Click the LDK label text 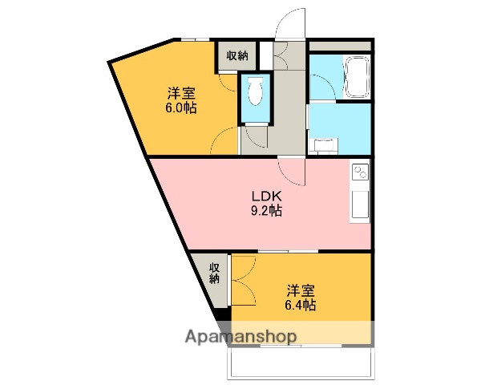[x=266, y=196]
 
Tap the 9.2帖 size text [x=266, y=211]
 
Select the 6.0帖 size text [x=182, y=107]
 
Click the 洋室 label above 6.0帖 [x=182, y=91]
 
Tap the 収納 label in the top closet [x=236, y=55]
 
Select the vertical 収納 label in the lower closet [x=215, y=273]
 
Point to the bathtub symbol [x=354, y=77]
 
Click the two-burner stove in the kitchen [x=359, y=172]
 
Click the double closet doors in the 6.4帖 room [x=244, y=281]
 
